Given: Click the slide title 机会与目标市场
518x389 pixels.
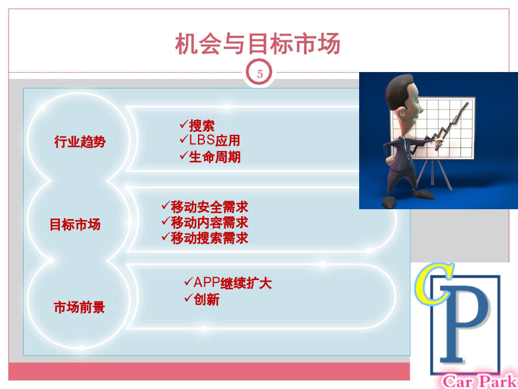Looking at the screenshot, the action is [258, 44].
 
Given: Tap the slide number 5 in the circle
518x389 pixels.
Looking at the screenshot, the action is [260, 74].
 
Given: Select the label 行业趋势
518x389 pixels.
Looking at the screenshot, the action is [80, 142].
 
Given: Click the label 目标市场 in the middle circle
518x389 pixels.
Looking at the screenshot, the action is [75, 225].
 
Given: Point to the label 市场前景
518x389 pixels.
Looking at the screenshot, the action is [79, 307].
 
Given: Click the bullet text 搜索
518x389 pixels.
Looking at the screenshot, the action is [202, 126].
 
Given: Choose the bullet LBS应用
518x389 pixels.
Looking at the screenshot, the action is [215, 141].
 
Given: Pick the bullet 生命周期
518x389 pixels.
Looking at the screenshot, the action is [215, 156].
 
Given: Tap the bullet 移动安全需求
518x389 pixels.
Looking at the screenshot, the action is [210, 207].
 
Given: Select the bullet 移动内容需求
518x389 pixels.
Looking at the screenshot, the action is [210, 222].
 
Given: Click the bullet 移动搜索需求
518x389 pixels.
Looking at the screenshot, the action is [210, 238].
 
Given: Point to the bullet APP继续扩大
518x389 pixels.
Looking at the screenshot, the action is [233, 283].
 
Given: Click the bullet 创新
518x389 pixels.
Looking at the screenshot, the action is [207, 300].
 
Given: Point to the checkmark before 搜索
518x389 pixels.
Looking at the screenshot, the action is [184, 124].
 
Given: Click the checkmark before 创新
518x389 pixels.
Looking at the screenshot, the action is [189, 298].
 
